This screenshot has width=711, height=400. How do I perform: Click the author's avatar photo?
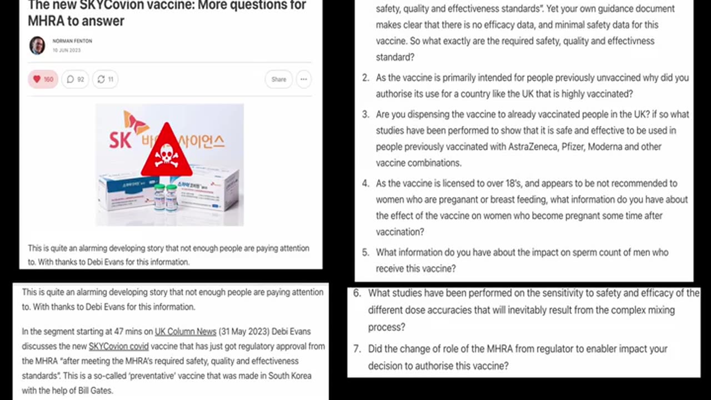(x=37, y=46)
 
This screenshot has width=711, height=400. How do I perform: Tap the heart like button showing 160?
(x=43, y=79)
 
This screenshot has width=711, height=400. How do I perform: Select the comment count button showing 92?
(x=75, y=79)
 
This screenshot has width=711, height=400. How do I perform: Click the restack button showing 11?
(x=105, y=79)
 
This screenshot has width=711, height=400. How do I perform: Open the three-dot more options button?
(x=303, y=79)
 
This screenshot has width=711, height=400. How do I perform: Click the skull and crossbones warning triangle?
(x=166, y=152)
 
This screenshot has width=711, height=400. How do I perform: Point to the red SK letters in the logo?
(x=120, y=139)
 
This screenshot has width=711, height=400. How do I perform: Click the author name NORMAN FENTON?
(x=72, y=41)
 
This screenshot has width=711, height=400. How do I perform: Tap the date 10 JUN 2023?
(x=67, y=50)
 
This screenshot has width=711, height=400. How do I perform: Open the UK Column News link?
(x=186, y=332)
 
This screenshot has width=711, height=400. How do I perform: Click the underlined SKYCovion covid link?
(x=118, y=346)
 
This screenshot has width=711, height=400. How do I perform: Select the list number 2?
(x=365, y=78)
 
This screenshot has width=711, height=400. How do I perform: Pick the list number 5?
(x=365, y=253)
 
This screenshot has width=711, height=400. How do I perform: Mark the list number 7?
(x=357, y=349)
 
